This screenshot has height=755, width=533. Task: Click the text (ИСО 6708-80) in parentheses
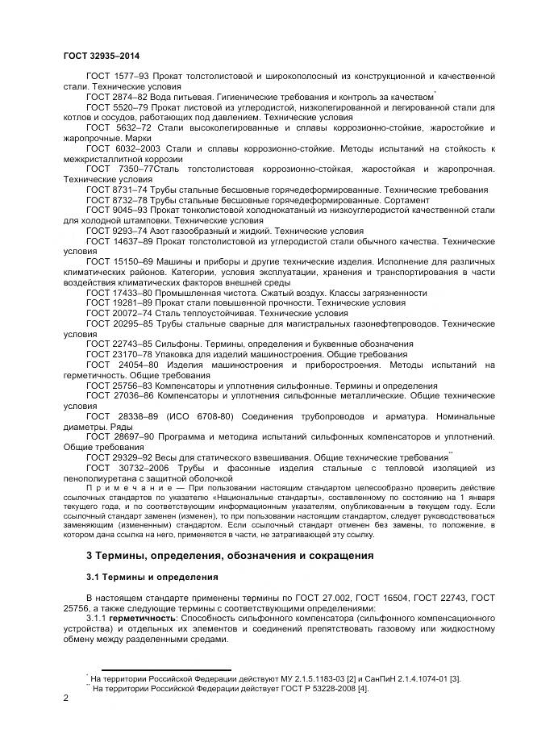tap(199, 416)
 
